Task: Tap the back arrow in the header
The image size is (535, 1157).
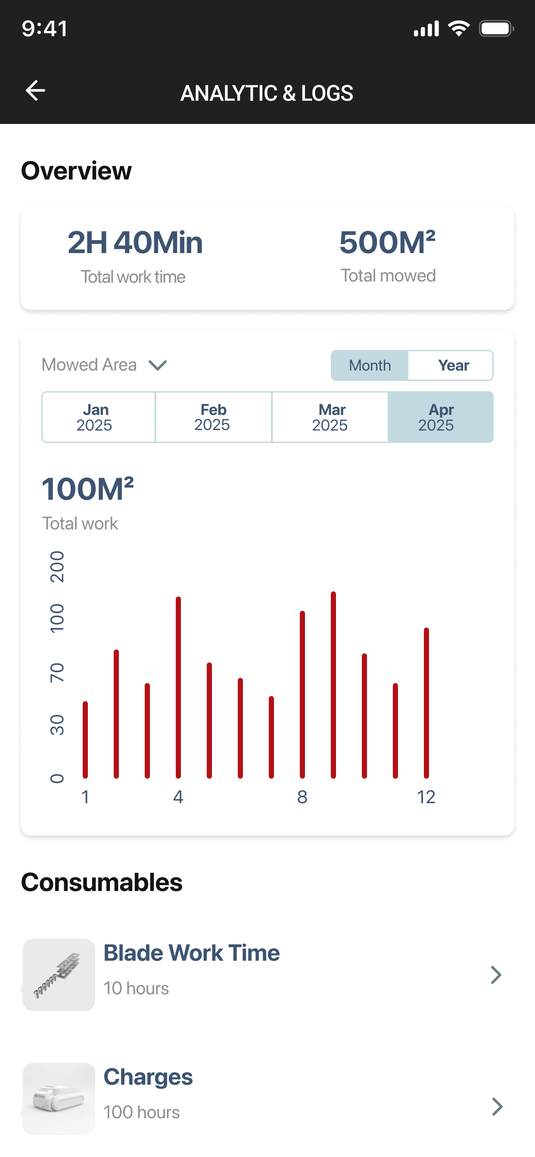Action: point(35,90)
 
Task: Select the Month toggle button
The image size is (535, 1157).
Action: point(370,365)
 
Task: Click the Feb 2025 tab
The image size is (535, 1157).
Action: point(213,417)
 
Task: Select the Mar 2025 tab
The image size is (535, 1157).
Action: point(330,417)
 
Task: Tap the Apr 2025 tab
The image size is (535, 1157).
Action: point(441,417)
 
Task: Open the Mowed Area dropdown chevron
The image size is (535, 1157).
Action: point(158,365)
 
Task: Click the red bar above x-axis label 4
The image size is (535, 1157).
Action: point(178,687)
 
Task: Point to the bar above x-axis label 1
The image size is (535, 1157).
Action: point(85,739)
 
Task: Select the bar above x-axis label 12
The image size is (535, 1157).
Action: point(426,703)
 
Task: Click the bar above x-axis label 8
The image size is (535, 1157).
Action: point(302,694)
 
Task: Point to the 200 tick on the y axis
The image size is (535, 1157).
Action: point(57,567)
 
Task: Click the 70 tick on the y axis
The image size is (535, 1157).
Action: point(57,672)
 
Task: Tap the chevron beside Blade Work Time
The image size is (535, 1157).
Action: point(496,974)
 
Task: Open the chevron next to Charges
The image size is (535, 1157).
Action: point(497,1106)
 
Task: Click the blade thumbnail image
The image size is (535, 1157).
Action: point(59,974)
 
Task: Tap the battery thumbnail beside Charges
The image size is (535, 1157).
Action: point(59,1098)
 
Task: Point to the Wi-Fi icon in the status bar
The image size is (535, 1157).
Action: point(459,28)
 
